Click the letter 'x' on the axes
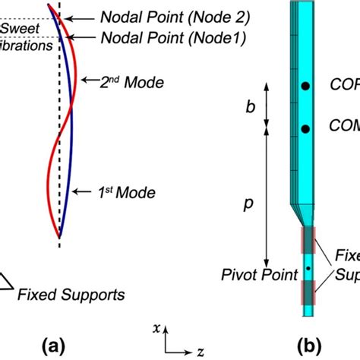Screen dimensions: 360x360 point(155,330)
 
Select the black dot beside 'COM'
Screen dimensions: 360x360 point(305,129)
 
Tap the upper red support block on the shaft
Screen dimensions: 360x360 point(308,240)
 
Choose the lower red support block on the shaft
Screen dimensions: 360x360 point(308,292)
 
